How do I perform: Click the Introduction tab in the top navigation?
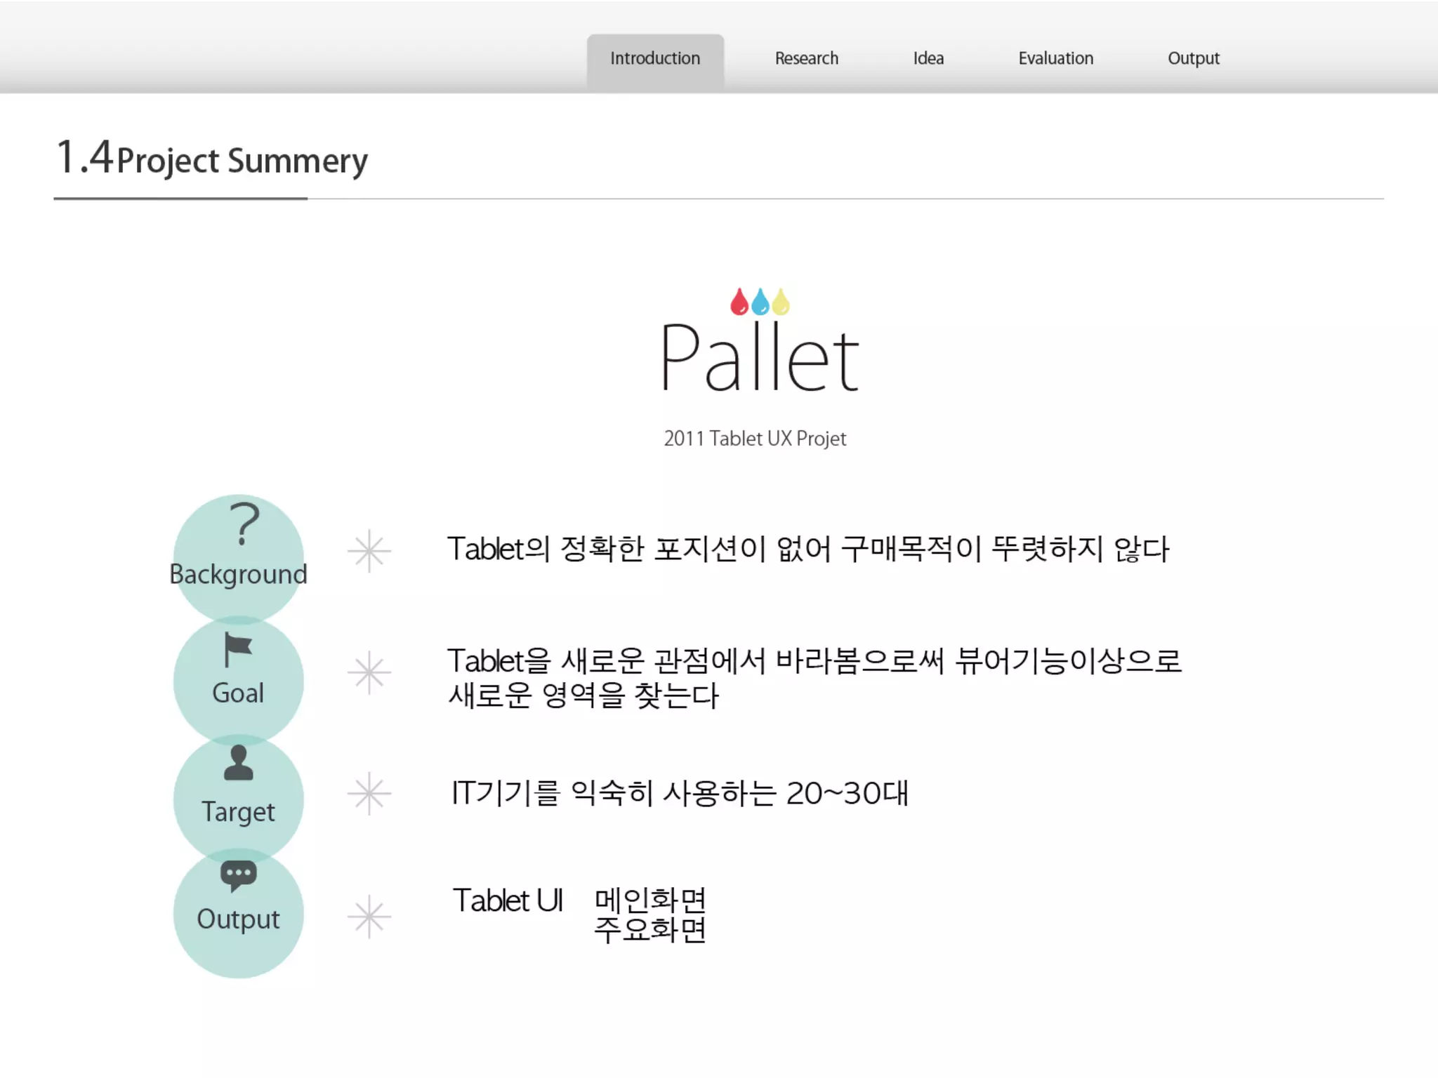click(655, 58)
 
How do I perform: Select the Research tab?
click(806, 58)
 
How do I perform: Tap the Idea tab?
click(928, 58)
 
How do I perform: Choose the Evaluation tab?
click(1055, 58)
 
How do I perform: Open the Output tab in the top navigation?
click(1193, 58)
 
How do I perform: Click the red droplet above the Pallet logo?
click(739, 302)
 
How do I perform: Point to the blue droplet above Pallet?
click(760, 302)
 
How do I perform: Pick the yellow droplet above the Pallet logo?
click(781, 302)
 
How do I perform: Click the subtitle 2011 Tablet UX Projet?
click(755, 439)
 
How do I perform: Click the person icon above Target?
click(238, 763)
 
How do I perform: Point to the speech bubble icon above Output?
click(238, 875)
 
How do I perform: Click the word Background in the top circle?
click(238, 574)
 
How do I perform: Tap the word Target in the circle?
click(238, 812)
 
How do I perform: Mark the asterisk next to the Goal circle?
click(369, 672)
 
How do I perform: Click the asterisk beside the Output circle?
click(369, 917)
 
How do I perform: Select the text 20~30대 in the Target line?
click(847, 794)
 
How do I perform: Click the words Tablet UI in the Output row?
click(508, 900)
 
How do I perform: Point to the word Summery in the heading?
click(298, 161)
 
